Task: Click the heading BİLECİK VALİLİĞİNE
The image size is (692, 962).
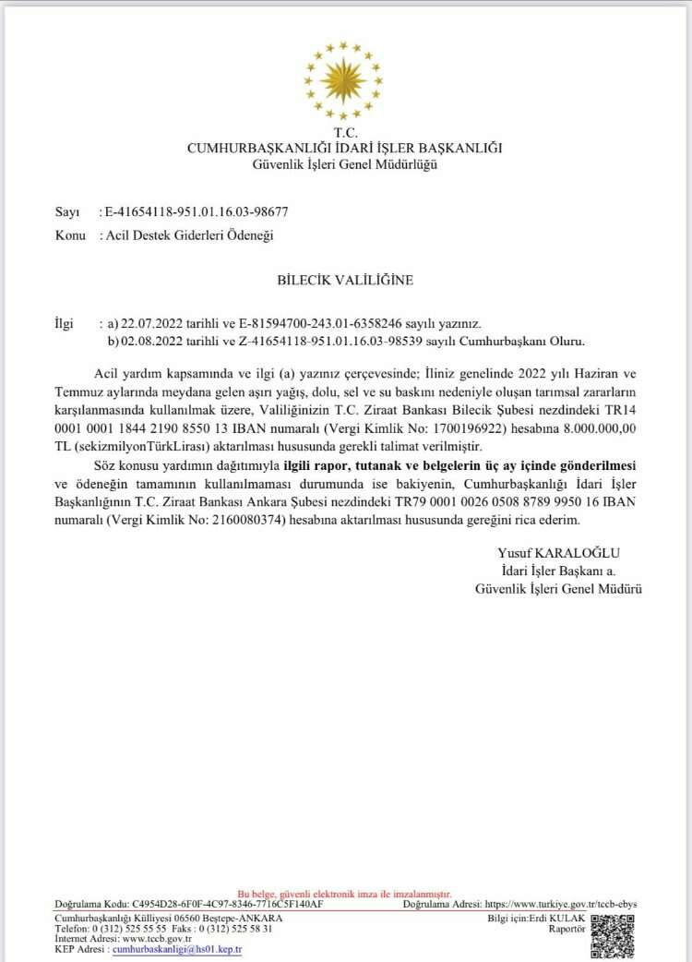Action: pos(345,279)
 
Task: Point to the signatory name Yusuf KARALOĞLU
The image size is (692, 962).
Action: pos(553,553)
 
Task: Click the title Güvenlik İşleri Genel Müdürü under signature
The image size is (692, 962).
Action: pos(558,588)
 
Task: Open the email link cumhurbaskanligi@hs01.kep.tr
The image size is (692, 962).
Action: pos(176,949)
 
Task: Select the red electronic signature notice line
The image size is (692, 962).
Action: pos(344,895)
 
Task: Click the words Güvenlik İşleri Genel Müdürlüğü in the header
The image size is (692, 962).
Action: pos(345,164)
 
